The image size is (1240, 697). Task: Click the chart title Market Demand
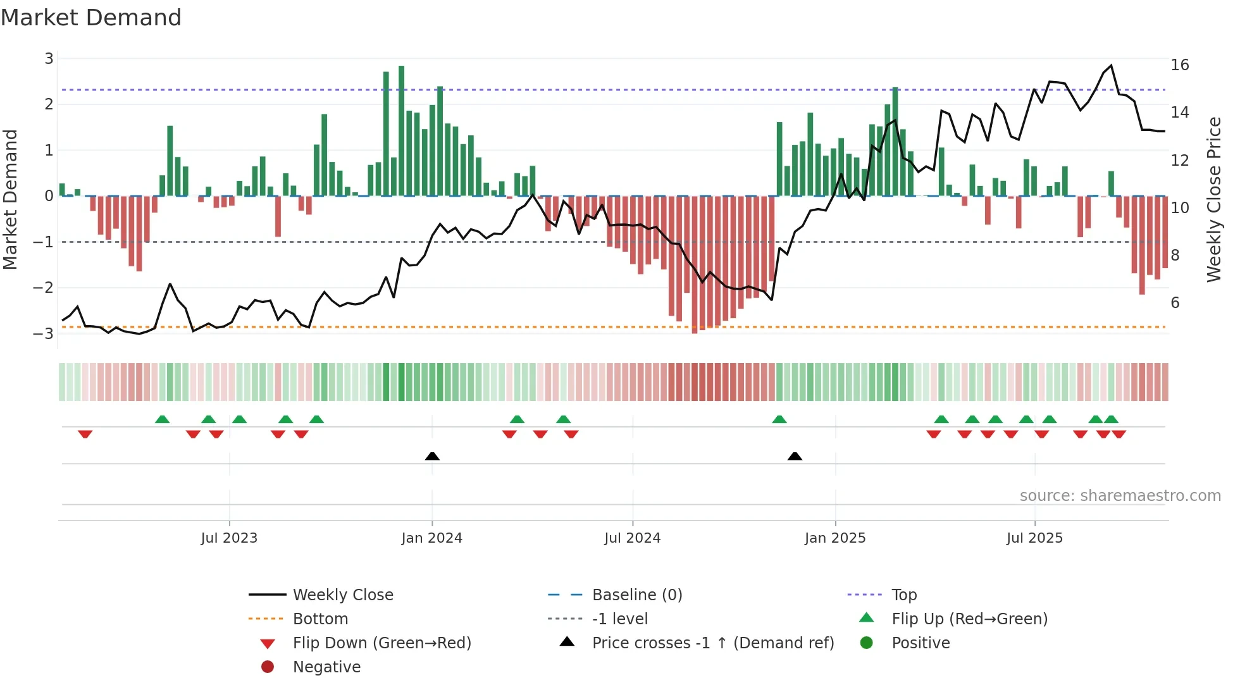(x=91, y=18)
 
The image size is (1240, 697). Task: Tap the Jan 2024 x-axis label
(x=431, y=538)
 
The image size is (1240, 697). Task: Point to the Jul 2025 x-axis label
(x=1034, y=538)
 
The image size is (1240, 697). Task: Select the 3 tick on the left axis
(x=49, y=59)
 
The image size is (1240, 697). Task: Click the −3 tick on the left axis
(x=44, y=333)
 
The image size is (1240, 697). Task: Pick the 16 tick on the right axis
(x=1179, y=65)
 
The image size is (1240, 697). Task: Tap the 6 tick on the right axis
(x=1175, y=303)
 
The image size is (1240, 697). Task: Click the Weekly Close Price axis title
(x=1213, y=199)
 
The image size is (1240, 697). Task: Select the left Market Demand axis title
(x=11, y=199)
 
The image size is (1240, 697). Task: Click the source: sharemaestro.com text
(x=1120, y=496)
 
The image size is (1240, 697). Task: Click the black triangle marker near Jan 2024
(x=432, y=456)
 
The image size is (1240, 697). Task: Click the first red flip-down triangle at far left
(x=85, y=434)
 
